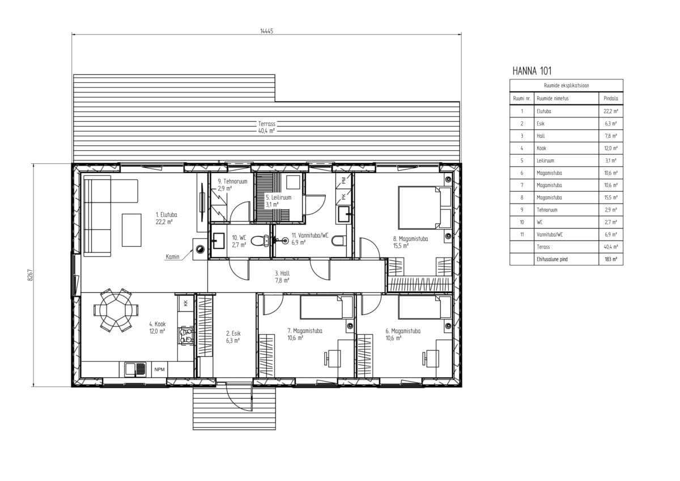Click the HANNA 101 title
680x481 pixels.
(x=532, y=71)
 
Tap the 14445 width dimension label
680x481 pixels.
(x=266, y=31)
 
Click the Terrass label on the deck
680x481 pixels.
(x=266, y=124)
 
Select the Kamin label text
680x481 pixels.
(x=172, y=257)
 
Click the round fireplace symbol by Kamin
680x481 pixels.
(x=200, y=250)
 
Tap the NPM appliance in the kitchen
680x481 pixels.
(x=159, y=369)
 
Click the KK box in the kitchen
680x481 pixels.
(x=186, y=303)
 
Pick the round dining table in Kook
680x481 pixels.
(x=116, y=310)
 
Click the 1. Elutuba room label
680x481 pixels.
(x=167, y=214)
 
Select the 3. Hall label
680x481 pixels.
(x=282, y=273)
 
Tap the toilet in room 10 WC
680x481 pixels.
(x=260, y=241)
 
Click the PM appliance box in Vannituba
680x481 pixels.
(x=343, y=181)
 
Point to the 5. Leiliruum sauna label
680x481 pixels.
(x=278, y=197)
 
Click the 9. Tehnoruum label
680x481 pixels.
(x=232, y=182)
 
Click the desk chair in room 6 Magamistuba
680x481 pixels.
(x=430, y=358)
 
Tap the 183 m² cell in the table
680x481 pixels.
(x=611, y=259)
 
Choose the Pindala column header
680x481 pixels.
(x=611, y=99)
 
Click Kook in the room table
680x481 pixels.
(x=541, y=148)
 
